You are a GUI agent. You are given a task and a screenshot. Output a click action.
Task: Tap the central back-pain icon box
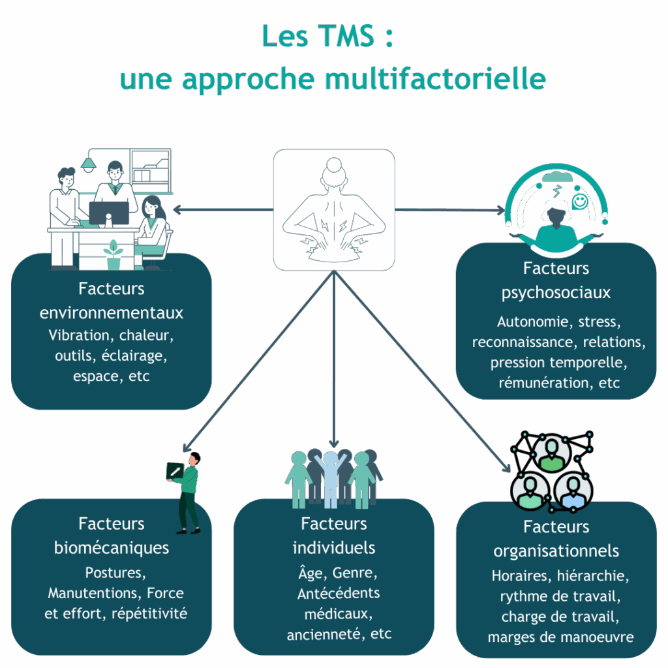334,209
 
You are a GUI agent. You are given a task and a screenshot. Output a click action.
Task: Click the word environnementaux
111,313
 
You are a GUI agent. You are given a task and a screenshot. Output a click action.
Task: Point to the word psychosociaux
556,294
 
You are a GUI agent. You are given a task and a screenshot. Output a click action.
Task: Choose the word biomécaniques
111,548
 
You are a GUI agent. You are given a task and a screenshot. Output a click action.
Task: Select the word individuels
333,548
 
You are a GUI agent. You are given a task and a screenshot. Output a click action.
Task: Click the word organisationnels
556,552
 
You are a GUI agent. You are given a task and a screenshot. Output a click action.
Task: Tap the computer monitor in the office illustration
109,214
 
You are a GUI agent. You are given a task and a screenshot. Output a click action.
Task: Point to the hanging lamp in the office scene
89,164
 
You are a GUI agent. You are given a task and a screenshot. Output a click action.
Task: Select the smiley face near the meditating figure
580,201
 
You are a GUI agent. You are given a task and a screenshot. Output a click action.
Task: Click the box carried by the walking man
175,472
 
